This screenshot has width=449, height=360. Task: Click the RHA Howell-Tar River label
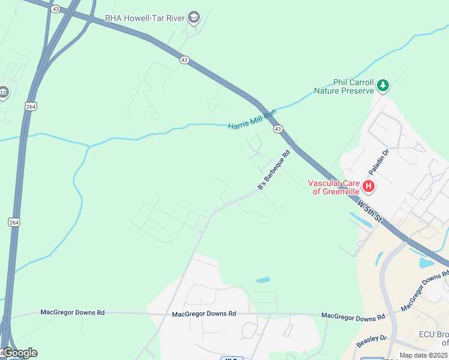pyautogui.click(x=145, y=18)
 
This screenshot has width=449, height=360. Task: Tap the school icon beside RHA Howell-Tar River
pyautogui.click(x=193, y=18)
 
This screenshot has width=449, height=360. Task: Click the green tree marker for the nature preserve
pyautogui.click(x=383, y=86)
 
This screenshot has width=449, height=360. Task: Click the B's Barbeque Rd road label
pyautogui.click(x=274, y=171)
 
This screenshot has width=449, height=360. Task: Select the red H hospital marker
pyautogui.click(x=369, y=187)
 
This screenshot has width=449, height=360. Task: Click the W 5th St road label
pyautogui.click(x=370, y=212)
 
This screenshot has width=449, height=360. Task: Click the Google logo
pyautogui.click(x=19, y=353)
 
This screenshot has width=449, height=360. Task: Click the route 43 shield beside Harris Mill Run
pyautogui.click(x=277, y=129)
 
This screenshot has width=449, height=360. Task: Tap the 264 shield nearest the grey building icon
pyautogui.click(x=31, y=106)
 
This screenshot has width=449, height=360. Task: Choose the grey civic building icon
pyautogui.click(x=4, y=92)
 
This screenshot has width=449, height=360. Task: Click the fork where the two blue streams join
pyautogui.click(x=89, y=146)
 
